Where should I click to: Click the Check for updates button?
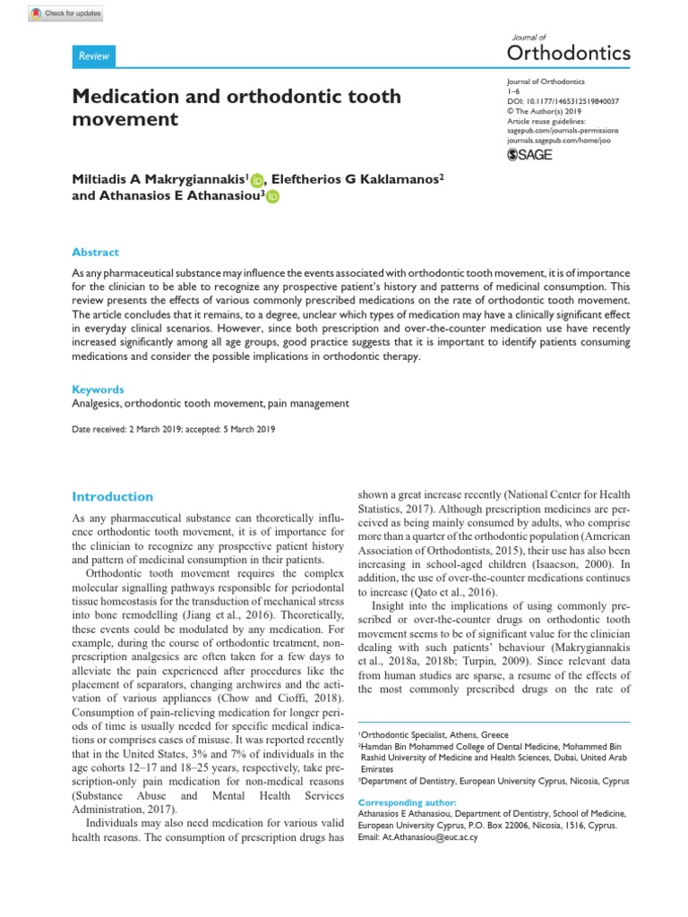tap(65, 13)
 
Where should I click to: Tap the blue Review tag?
tap(93, 56)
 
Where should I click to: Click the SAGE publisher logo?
tap(529, 154)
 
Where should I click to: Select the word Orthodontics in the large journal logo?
tap(569, 52)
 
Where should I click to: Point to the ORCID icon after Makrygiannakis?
tap(257, 180)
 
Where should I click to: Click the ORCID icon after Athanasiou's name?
tap(272, 197)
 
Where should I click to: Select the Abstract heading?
tap(95, 253)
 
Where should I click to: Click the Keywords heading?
tap(98, 390)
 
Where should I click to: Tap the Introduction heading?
tap(112, 496)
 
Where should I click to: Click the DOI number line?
tap(556, 101)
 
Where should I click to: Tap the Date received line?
tap(174, 430)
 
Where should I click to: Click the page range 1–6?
tap(512, 91)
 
